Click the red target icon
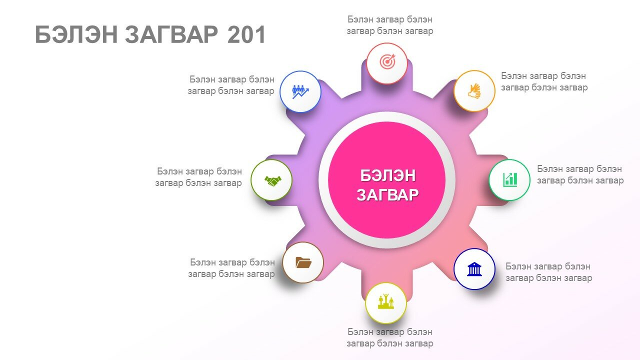click(x=387, y=61)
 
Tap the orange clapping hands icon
click(x=474, y=91)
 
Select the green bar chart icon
click(x=510, y=179)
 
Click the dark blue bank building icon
click(x=474, y=269)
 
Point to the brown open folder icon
click(x=303, y=262)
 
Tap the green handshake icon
click(x=272, y=180)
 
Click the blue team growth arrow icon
click(x=300, y=91)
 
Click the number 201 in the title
click(x=246, y=35)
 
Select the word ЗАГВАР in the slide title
click(x=171, y=35)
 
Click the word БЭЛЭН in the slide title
click(x=76, y=35)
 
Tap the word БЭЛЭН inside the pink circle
click(x=387, y=175)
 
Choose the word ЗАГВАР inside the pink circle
click(x=387, y=195)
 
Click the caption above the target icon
click(x=389, y=25)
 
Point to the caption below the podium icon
click(x=389, y=337)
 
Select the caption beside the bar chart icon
click(x=580, y=174)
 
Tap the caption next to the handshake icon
click(x=198, y=177)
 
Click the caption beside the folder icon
click(x=231, y=268)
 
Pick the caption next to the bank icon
click(x=548, y=272)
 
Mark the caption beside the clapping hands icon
click(x=544, y=81)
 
